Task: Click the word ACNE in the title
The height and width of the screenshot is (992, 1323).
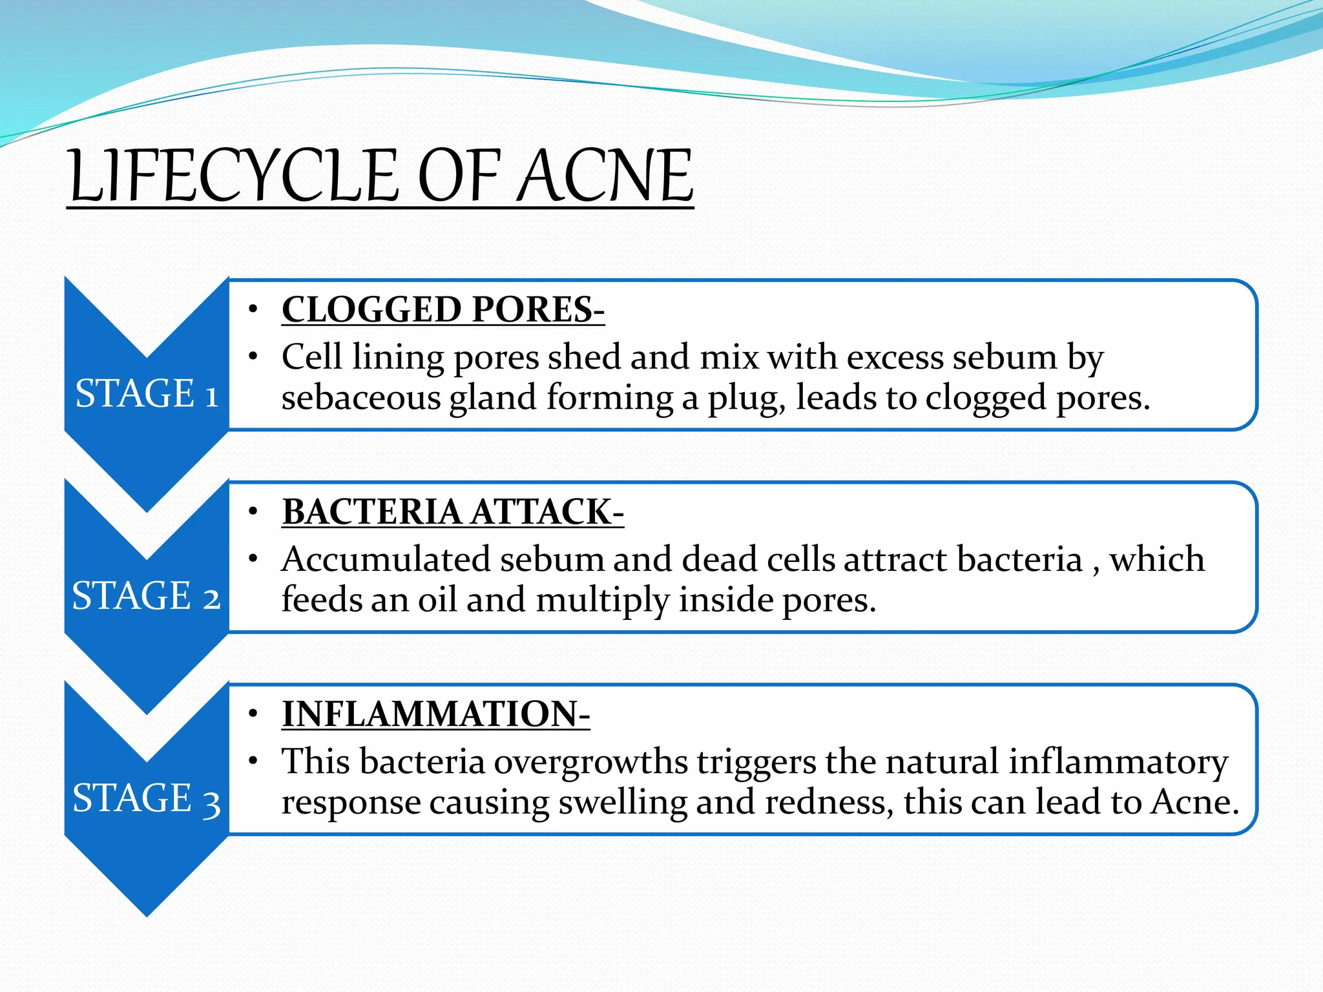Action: click(x=605, y=176)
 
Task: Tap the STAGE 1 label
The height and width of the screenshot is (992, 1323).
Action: click(x=147, y=393)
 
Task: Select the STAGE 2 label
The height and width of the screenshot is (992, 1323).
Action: click(x=147, y=595)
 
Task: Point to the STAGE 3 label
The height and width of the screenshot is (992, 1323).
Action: click(x=147, y=798)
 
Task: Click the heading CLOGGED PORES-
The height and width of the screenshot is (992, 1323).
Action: click(x=443, y=309)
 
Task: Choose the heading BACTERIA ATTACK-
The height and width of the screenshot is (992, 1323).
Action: click(x=453, y=512)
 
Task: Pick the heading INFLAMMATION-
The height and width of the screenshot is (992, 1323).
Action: click(x=435, y=714)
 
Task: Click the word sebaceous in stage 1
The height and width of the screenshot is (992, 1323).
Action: click(x=360, y=397)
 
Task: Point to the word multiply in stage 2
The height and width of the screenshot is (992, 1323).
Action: click(x=603, y=601)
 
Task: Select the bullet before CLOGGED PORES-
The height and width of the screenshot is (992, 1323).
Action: click(x=254, y=309)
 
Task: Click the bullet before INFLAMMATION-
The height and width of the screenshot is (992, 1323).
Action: click(x=254, y=714)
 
